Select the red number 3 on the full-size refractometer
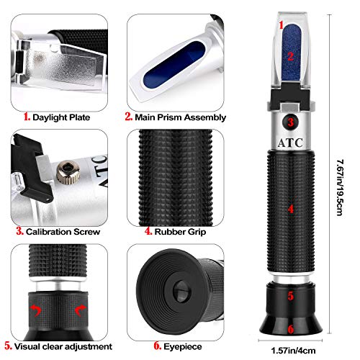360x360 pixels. coord(289,122)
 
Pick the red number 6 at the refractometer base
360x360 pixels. coord(290,328)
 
